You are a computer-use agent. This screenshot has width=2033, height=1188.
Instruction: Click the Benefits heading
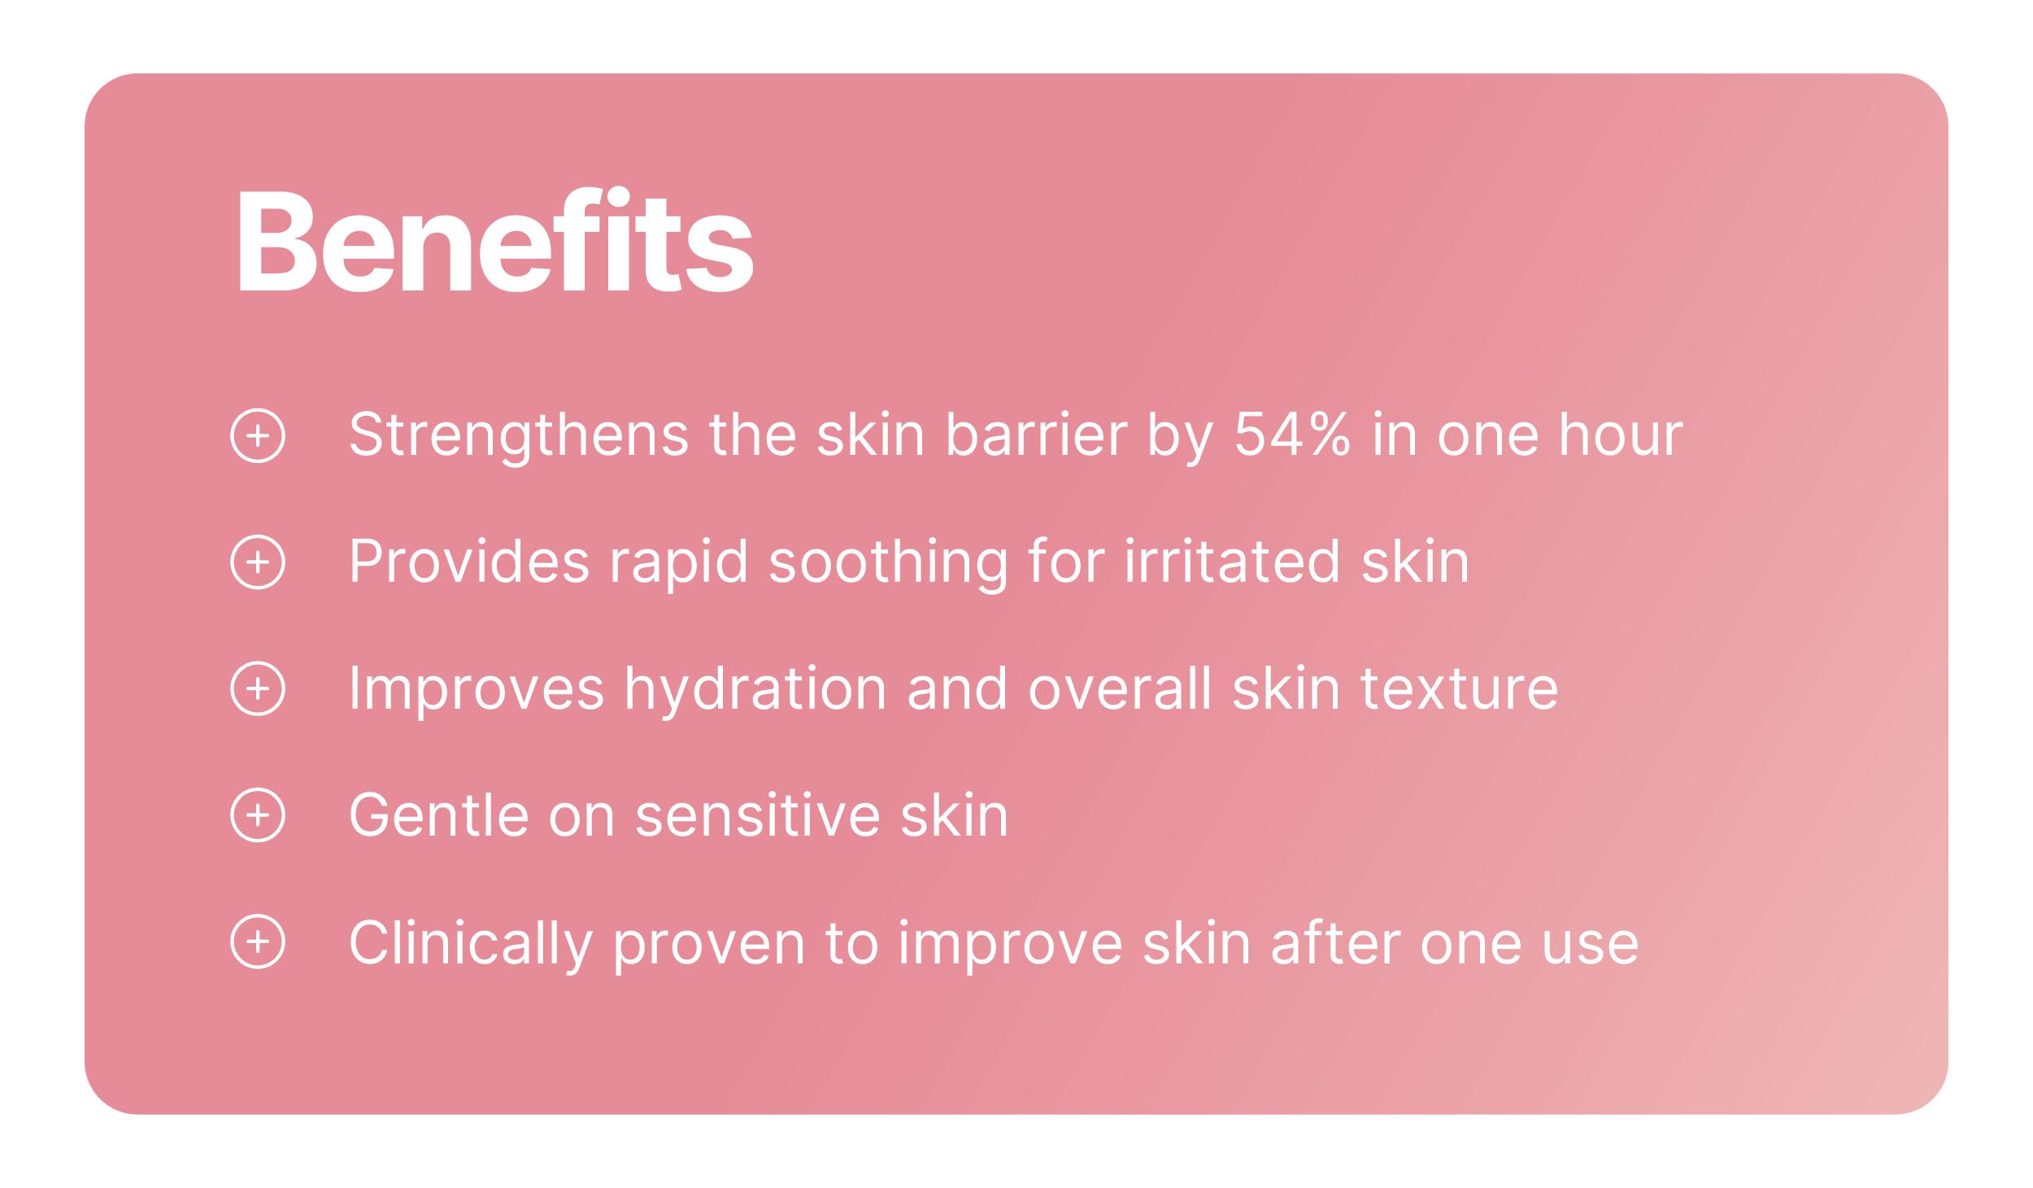click(x=495, y=241)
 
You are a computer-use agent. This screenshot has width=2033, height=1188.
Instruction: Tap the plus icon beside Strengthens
click(x=258, y=435)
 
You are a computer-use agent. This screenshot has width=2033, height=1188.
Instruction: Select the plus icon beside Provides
click(x=258, y=562)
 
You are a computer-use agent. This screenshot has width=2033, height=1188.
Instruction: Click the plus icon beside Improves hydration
click(x=258, y=689)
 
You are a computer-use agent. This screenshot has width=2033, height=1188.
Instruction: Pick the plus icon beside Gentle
click(x=258, y=815)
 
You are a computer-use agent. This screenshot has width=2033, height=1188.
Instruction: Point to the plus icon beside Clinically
click(x=258, y=941)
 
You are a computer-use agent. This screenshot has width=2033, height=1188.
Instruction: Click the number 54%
click(x=1293, y=435)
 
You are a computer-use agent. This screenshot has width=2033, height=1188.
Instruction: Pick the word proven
click(x=709, y=949)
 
